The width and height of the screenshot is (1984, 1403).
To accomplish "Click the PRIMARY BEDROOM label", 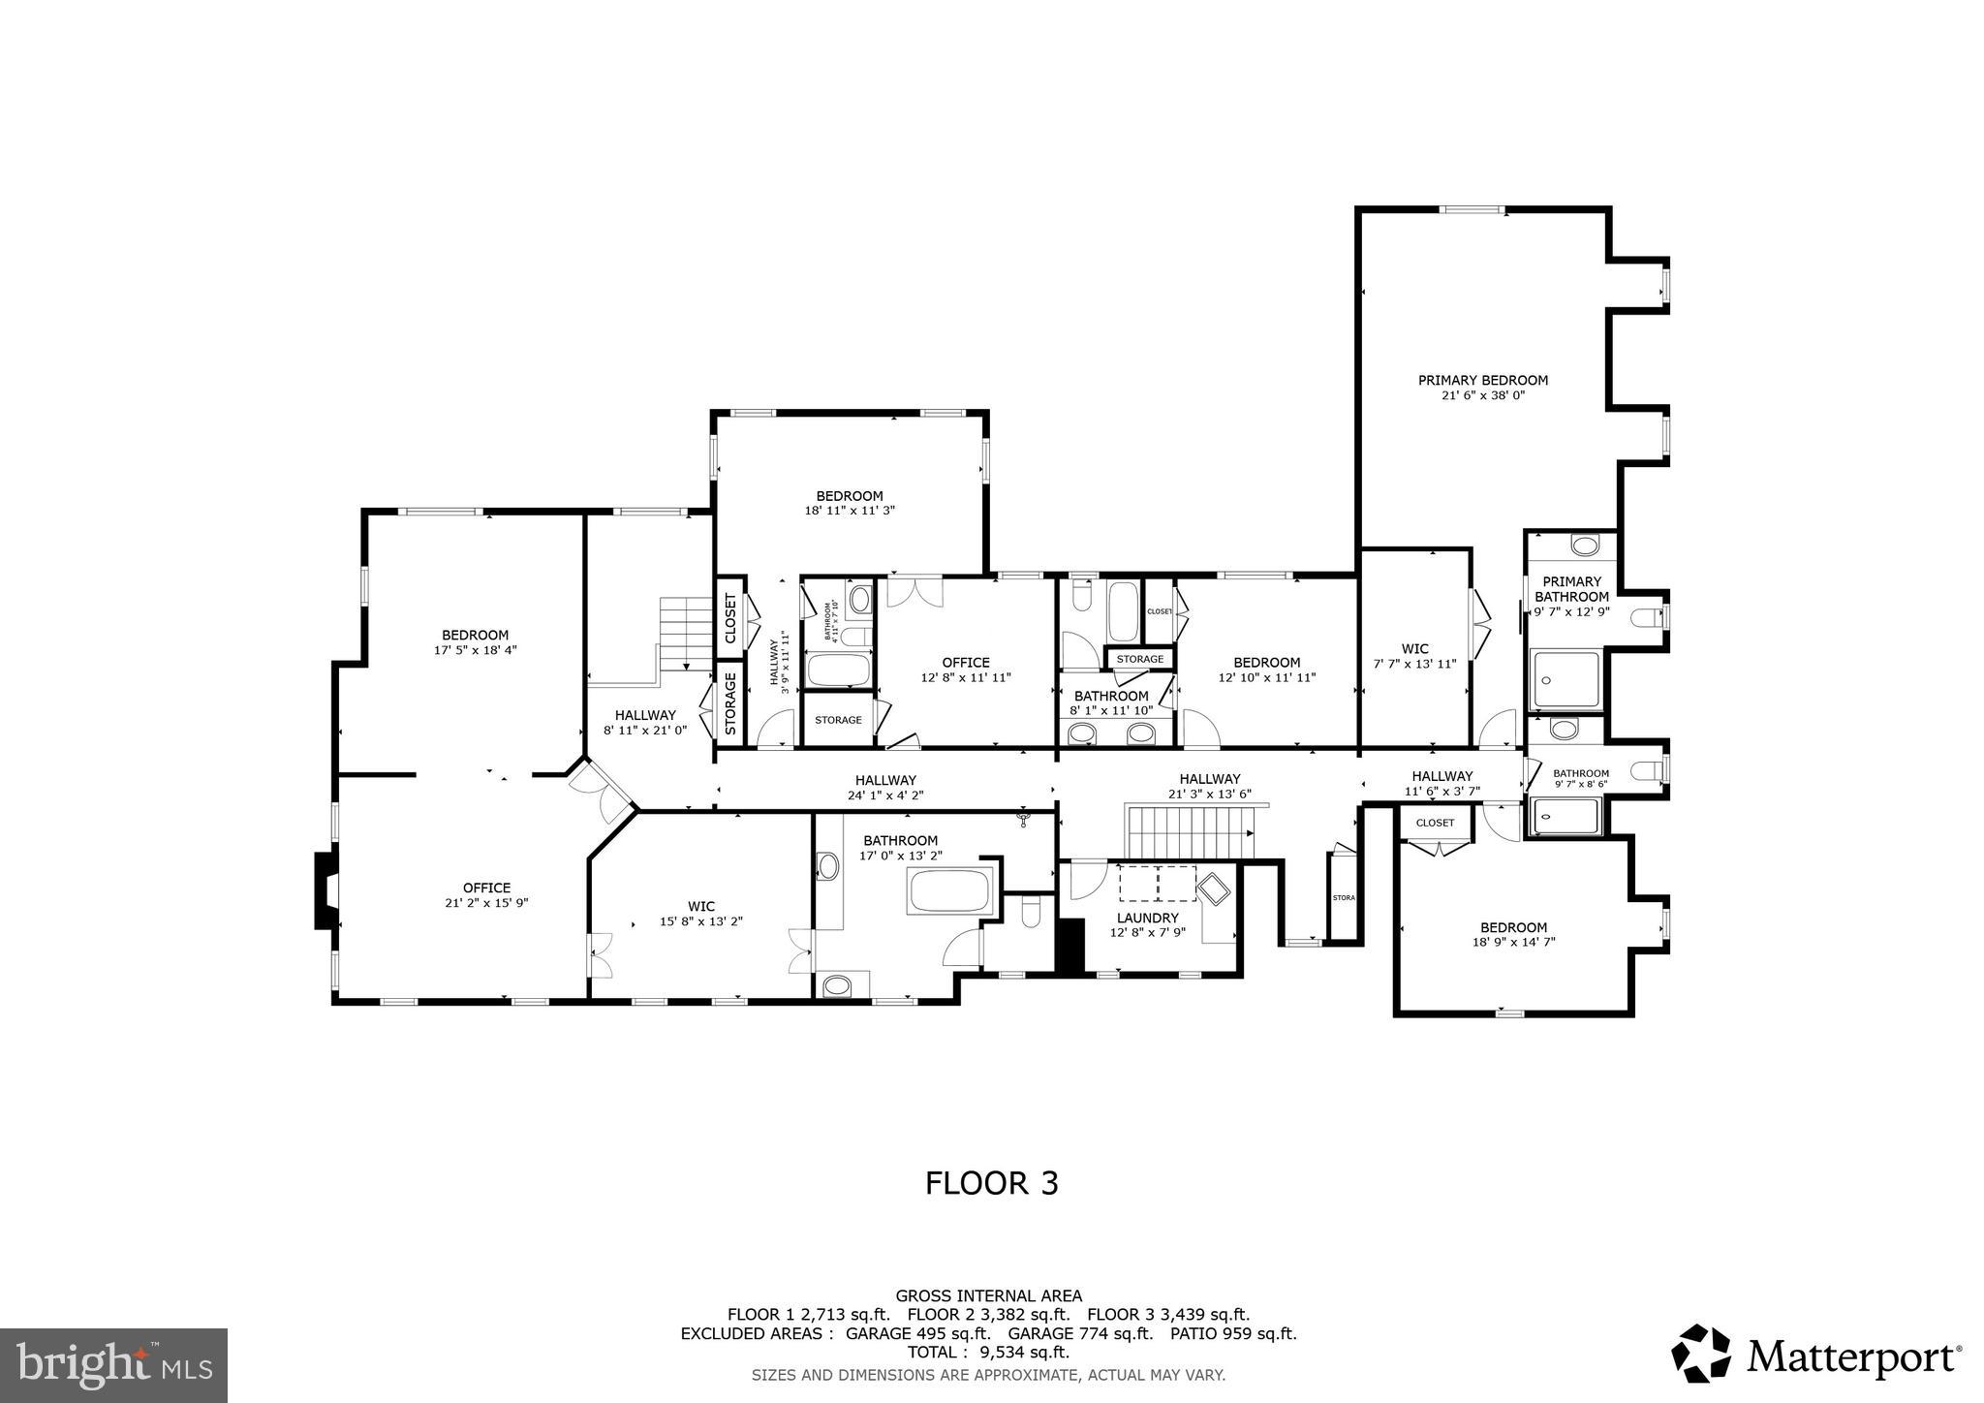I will [x=1482, y=381].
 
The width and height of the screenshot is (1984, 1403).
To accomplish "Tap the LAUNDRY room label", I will [x=1147, y=918].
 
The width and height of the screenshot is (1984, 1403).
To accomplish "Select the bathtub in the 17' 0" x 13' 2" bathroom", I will [x=950, y=890].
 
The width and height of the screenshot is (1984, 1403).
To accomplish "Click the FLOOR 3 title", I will [x=991, y=1183].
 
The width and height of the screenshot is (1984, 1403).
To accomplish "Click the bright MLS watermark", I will [x=113, y=1365].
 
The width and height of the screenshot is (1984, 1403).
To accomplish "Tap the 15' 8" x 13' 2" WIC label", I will [x=700, y=907].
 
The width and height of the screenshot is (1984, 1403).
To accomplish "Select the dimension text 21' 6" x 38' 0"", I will [x=1483, y=395].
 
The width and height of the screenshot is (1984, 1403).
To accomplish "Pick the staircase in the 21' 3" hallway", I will [x=1188, y=832].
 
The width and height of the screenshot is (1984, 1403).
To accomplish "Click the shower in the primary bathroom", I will [x=1565, y=680].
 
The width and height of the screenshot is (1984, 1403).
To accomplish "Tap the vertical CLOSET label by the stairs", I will [x=730, y=618].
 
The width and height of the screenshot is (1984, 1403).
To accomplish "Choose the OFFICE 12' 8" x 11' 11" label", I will [x=966, y=663].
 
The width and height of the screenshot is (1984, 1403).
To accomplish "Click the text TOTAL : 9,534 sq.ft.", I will [x=988, y=1352].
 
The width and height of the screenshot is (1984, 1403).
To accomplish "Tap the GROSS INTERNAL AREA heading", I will [x=988, y=1295].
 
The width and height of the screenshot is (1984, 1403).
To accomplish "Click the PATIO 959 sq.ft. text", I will [x=1232, y=1333].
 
